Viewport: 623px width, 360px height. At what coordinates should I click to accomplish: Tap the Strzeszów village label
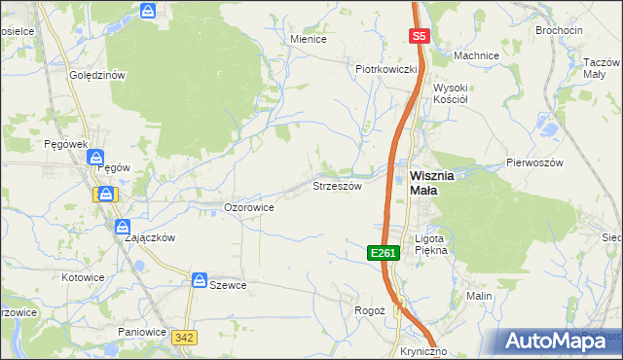tap(337, 185)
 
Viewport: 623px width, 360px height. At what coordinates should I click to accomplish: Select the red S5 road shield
tap(419, 36)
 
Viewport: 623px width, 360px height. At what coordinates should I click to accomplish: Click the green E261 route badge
tap(384, 253)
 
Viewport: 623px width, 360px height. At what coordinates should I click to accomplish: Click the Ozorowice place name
tap(248, 207)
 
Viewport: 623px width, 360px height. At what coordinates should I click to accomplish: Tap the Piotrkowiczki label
tap(386, 69)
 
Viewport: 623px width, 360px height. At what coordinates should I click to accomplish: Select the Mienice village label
tap(308, 39)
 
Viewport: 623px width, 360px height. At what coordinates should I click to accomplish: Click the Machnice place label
tap(476, 55)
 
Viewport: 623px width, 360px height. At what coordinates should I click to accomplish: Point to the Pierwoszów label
tap(534, 163)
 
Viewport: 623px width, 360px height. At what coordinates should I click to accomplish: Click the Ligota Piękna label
tap(429, 243)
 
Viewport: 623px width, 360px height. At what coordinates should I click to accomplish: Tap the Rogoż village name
tap(370, 309)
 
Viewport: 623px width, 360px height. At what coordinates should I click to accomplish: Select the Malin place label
tap(478, 296)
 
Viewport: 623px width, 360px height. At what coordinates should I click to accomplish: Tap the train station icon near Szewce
tap(199, 280)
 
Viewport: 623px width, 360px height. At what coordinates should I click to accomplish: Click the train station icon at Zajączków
tap(122, 227)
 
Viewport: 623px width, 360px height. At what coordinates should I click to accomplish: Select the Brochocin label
tap(560, 30)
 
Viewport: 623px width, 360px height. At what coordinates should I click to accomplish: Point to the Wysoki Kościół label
tap(452, 93)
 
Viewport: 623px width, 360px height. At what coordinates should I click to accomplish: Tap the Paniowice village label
tap(143, 331)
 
